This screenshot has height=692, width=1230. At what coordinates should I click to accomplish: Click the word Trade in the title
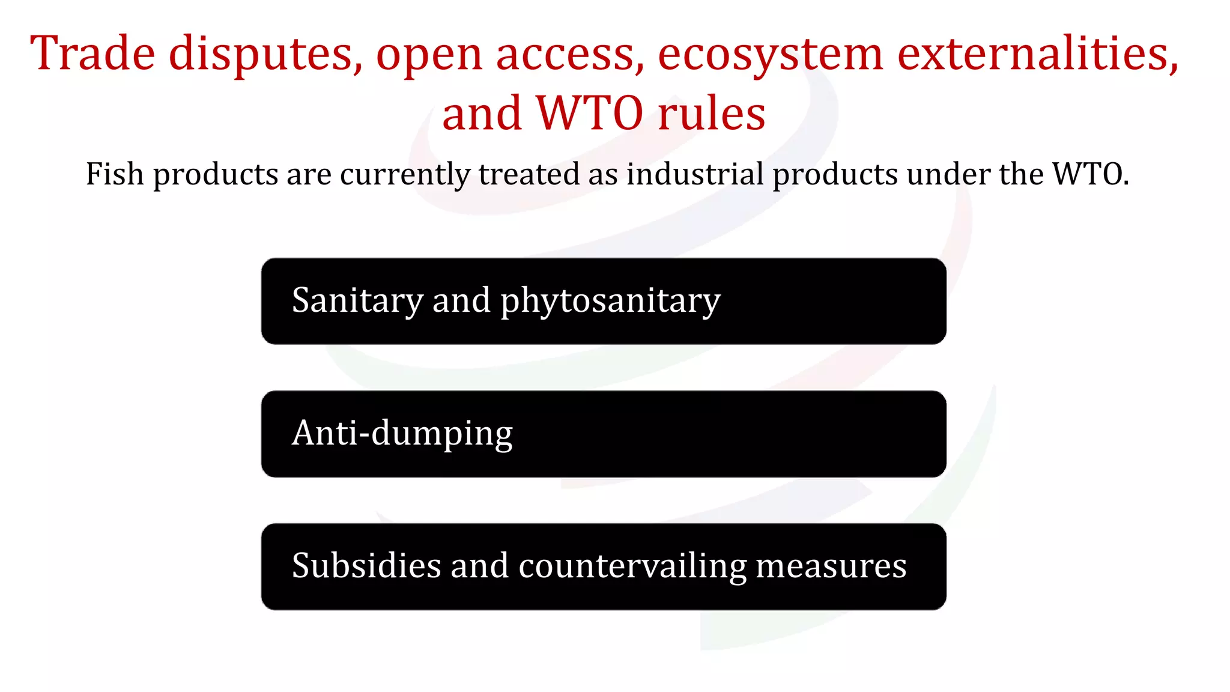tap(92, 53)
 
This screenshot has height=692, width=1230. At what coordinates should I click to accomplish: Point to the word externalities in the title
tap(1038, 53)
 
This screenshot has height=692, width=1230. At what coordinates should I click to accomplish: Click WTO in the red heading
tap(590, 114)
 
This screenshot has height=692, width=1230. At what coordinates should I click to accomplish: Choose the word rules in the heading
tap(712, 114)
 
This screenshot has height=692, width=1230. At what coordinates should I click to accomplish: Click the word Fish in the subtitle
tap(115, 174)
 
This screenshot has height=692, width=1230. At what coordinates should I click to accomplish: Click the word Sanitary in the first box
tap(357, 300)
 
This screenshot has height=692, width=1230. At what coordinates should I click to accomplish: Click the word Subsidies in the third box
tap(366, 566)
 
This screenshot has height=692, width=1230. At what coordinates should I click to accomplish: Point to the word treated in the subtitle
tap(529, 174)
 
